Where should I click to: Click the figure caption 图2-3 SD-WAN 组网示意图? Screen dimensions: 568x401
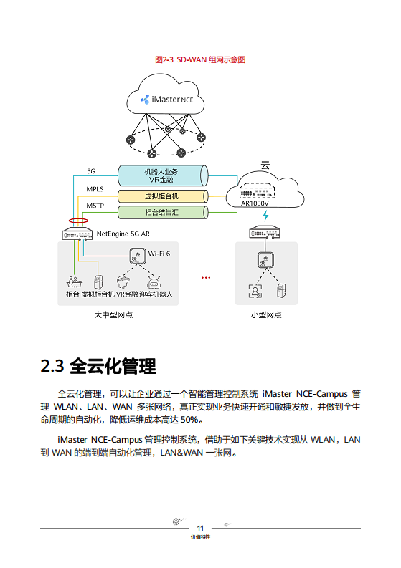coord(200,60)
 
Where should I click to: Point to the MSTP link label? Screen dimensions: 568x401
coord(95,206)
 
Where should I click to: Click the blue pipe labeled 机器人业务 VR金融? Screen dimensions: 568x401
coord(161,175)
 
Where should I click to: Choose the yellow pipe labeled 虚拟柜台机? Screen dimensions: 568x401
coord(161,196)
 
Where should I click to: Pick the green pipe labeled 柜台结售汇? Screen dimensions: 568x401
coord(161,213)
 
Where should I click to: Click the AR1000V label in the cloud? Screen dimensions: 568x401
coord(255,203)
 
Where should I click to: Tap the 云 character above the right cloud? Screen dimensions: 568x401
coord(265,165)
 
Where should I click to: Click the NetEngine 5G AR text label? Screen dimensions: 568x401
coord(123,234)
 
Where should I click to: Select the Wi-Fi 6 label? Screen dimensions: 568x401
coord(159,254)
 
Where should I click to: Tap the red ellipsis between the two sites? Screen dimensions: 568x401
coord(206,277)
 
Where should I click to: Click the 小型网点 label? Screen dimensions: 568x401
coord(266,315)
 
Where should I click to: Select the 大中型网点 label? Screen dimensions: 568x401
coord(113,315)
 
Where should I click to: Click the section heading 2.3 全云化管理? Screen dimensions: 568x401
coord(98,367)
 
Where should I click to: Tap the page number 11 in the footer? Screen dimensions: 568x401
coord(201,528)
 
